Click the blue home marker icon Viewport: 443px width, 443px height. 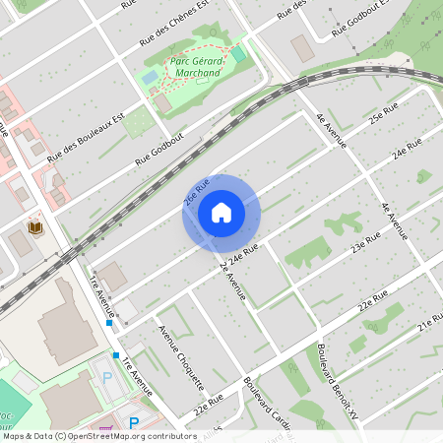pos(221,213)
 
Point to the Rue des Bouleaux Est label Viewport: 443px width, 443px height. pos(87,138)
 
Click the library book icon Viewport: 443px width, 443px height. pos(36,227)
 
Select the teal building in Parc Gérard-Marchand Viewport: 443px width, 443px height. pos(237,53)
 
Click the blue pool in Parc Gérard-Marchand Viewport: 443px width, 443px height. pos(150,76)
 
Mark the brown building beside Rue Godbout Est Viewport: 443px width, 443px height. pos(301,45)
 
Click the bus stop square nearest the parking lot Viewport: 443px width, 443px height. pos(116,354)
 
